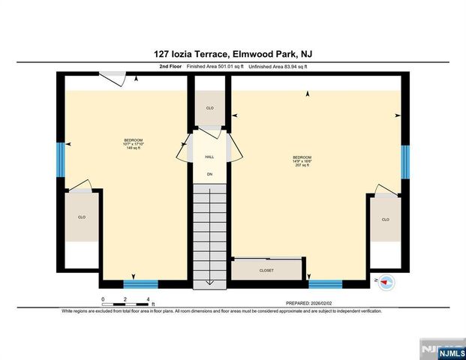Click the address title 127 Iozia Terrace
pos(191,54)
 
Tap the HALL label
pos(209,157)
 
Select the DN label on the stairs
pos(209,174)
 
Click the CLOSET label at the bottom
pos(266,270)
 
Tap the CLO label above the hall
pos(210,108)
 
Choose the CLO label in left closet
pos(81,217)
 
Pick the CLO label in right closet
pos(386,219)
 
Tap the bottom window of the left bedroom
pos(140,283)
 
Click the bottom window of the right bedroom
pos(326,283)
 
